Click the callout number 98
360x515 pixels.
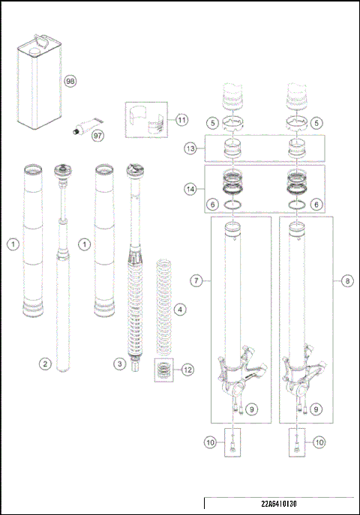click(70, 81)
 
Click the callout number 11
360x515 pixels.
click(181, 120)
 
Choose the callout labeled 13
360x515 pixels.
click(191, 149)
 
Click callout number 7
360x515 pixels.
click(196, 280)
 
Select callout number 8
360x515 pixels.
click(347, 280)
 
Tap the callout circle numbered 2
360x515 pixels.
click(45, 364)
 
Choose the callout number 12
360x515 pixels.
click(187, 369)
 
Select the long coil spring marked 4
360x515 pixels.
click(163, 307)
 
